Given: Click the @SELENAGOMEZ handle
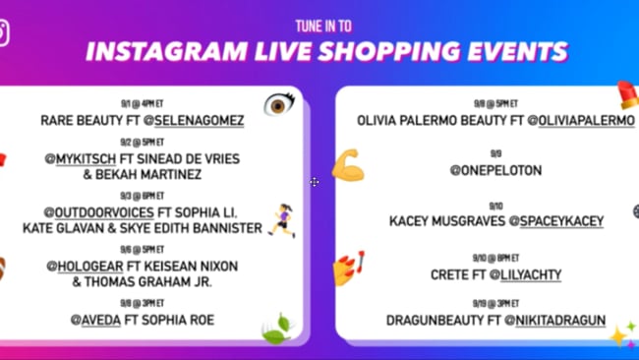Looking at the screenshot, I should tap(196, 120).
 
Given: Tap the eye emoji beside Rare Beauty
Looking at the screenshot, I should tap(279, 104).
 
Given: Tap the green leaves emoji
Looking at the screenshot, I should tap(274, 328).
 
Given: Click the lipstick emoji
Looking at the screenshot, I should tap(627, 95).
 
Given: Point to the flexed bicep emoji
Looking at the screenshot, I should tap(346, 164).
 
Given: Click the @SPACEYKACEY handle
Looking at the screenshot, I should tap(561, 221).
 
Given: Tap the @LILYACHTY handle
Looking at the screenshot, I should tap(521, 274).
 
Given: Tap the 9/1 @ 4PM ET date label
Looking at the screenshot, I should tap(142, 101).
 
